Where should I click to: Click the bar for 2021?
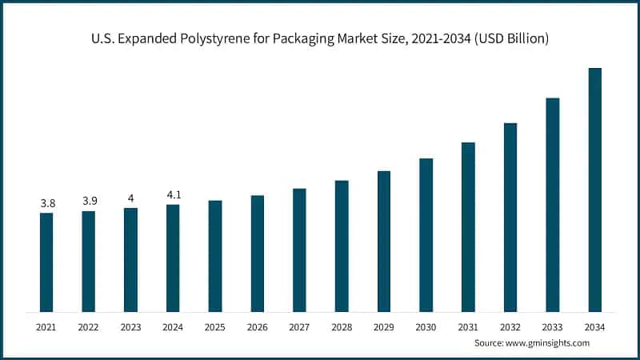46,262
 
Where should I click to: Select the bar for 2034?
594,190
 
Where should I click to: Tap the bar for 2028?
342,246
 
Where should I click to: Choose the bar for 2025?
215,255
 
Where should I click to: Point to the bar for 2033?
552,204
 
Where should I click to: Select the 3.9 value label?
89,202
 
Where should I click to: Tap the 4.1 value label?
173,195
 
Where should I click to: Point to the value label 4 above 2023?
130,198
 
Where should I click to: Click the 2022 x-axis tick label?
89,326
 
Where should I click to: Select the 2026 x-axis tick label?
257,326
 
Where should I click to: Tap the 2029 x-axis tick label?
383,326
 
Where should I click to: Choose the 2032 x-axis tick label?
510,326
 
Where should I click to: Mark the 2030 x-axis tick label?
426,326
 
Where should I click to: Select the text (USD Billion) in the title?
508,38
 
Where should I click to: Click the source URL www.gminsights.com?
548,342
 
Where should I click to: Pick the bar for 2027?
299,250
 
